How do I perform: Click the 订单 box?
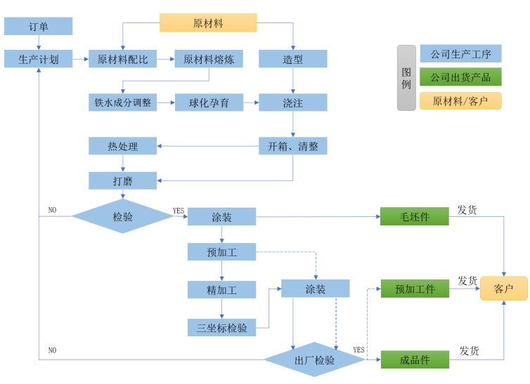click(39, 27)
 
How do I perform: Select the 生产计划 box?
click(39, 59)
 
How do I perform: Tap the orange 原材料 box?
click(208, 23)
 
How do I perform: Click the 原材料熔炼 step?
click(209, 59)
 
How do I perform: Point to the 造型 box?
click(293, 59)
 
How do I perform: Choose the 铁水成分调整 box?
click(123, 102)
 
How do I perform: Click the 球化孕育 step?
click(209, 102)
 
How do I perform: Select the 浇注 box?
click(293, 102)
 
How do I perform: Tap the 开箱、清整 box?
click(293, 146)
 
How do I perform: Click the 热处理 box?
click(123, 146)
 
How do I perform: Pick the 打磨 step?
click(123, 180)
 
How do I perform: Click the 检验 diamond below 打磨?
click(123, 216)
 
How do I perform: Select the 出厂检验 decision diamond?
click(314, 359)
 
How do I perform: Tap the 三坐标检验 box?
click(221, 327)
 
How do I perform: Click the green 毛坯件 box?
click(414, 216)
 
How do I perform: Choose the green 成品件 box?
click(414, 359)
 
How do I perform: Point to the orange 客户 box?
click(503, 289)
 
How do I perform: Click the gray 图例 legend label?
click(406, 77)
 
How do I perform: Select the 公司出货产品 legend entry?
click(460, 77)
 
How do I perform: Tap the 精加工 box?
click(221, 289)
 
